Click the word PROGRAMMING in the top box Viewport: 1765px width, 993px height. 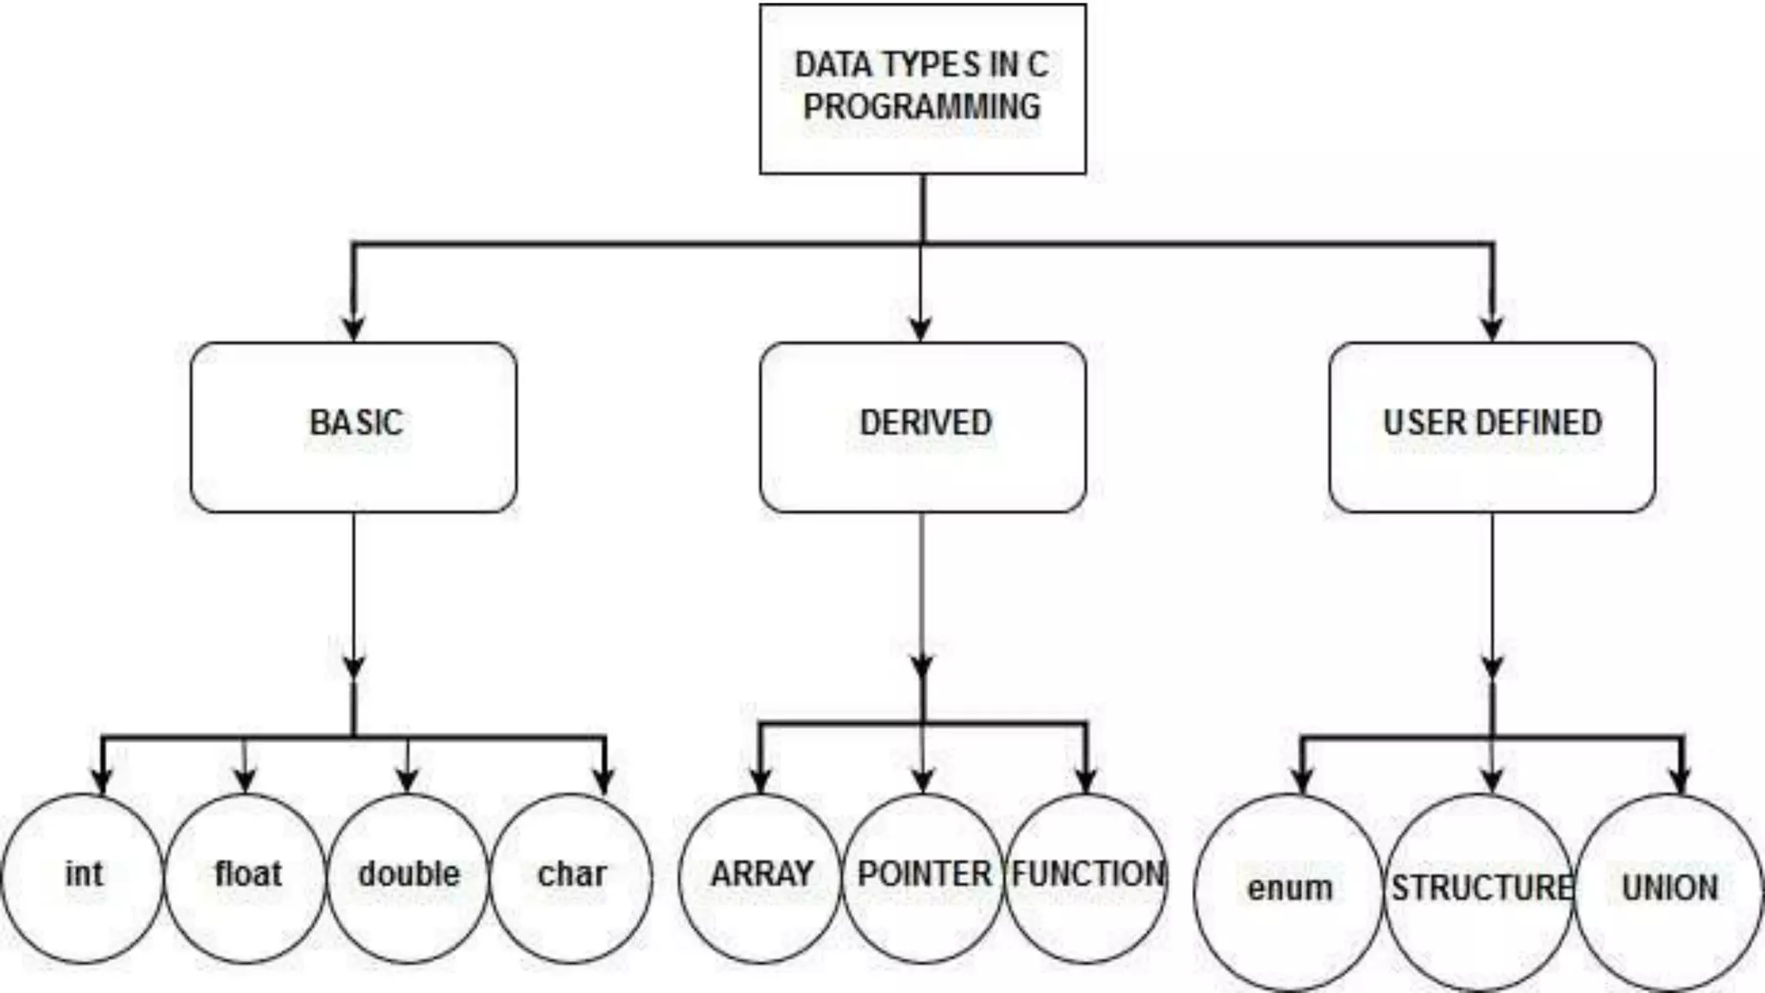(921, 107)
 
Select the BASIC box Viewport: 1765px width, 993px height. (353, 427)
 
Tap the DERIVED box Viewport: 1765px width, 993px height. (922, 427)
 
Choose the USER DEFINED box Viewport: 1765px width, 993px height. (1492, 427)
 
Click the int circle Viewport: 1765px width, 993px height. (83, 877)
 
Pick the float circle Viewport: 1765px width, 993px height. (246, 877)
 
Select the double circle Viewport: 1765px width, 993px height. (408, 877)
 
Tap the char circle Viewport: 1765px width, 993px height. (571, 877)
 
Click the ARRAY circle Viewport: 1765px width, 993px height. (760, 877)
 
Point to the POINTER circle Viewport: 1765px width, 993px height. (923, 877)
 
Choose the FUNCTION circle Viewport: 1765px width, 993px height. (1086, 877)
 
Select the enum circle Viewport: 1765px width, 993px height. (1289, 891)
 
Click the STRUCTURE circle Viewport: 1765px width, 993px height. (1481, 891)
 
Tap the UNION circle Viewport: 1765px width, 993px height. (1669, 891)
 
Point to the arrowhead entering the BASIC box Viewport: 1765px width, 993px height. (353, 328)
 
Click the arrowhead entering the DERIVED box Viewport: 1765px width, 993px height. (921, 328)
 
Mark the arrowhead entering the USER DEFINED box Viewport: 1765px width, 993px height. (1493, 328)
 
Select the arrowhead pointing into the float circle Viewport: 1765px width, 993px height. (245, 780)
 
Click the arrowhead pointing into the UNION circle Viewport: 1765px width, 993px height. (1681, 780)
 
